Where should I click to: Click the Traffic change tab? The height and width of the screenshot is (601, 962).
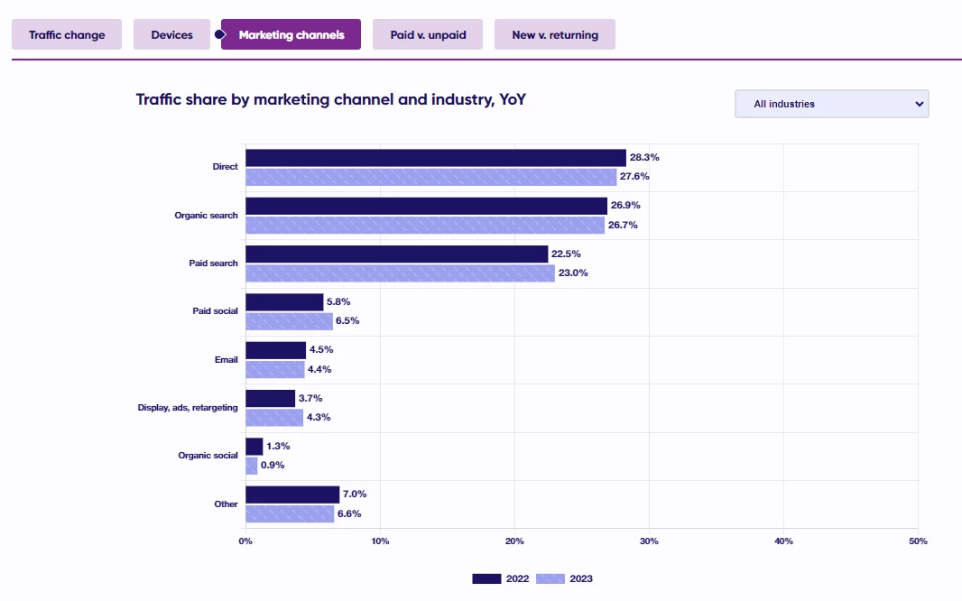(67, 35)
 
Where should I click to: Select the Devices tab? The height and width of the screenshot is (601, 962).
(172, 35)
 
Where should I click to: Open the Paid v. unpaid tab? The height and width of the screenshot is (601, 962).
(428, 35)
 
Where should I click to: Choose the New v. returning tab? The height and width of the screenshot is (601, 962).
(554, 35)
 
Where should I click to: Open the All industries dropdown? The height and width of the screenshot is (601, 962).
(831, 104)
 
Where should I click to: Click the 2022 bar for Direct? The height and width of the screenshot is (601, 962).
(435, 158)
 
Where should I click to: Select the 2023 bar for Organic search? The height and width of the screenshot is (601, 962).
(424, 225)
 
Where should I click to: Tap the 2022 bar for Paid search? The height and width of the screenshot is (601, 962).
(396, 254)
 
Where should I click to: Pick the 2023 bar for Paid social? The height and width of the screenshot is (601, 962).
(289, 320)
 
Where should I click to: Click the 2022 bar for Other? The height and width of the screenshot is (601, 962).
(292, 495)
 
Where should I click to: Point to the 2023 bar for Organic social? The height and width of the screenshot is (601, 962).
(252, 466)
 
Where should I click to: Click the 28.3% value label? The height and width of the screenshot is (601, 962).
(644, 157)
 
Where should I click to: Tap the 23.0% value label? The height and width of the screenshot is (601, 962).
(573, 273)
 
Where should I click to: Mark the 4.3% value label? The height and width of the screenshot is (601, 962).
(319, 417)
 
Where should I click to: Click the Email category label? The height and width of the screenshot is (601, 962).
(226, 359)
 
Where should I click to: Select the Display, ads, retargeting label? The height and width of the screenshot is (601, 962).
(188, 407)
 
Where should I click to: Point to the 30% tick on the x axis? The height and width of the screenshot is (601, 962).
(649, 541)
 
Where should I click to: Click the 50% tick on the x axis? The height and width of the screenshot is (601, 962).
(918, 541)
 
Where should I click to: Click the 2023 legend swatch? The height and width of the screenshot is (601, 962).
(550, 578)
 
